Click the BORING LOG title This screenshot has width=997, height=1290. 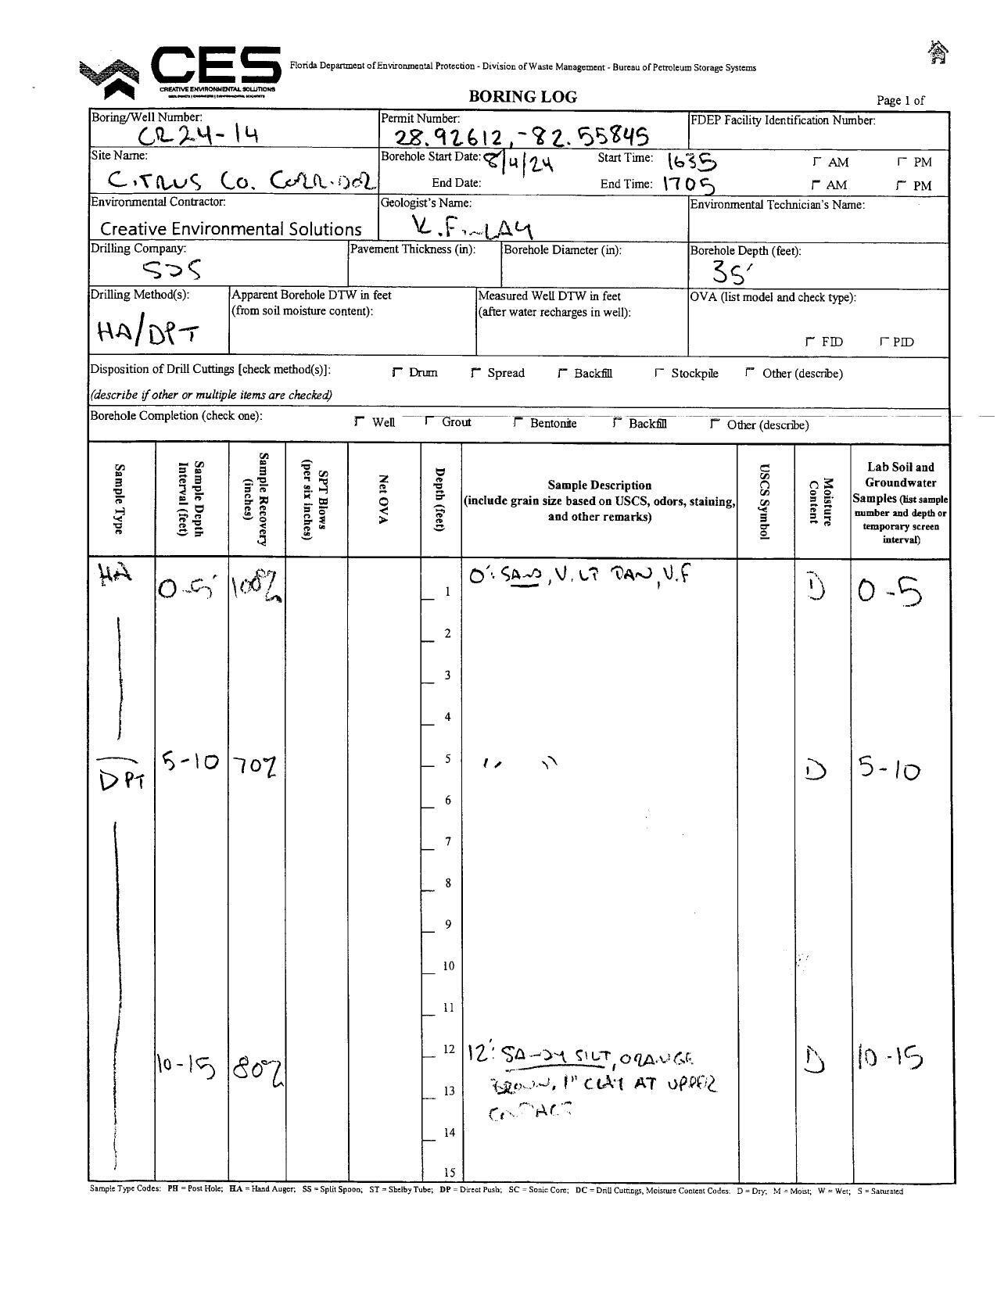coord(522,97)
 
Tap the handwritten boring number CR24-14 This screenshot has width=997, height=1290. coord(198,136)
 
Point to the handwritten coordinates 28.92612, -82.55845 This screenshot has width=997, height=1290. coord(521,138)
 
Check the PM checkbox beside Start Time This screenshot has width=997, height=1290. coord(902,162)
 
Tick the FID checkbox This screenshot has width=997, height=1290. coord(810,342)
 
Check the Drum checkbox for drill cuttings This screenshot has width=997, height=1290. coord(397,373)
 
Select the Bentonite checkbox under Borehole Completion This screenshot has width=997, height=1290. coord(518,422)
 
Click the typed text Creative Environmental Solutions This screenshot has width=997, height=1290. coord(231,229)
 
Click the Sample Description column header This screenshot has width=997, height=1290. coord(599,500)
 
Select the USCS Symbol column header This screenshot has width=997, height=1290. coord(766,501)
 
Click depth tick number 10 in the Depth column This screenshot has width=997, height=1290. coord(448,966)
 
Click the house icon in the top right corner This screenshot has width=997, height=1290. coord(937,52)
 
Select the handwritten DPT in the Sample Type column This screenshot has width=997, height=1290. coord(123,778)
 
